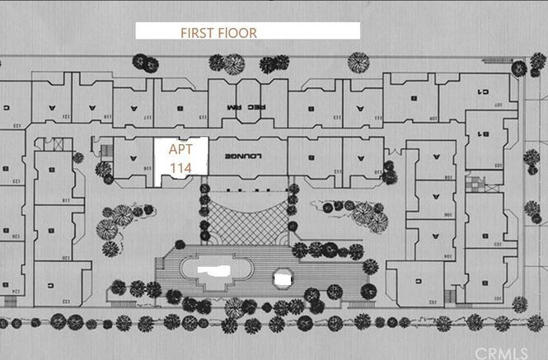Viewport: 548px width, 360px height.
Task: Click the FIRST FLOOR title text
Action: click(219, 33)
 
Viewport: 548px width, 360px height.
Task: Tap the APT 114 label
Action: click(180, 159)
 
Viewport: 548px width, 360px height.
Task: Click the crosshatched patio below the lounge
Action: click(247, 213)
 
